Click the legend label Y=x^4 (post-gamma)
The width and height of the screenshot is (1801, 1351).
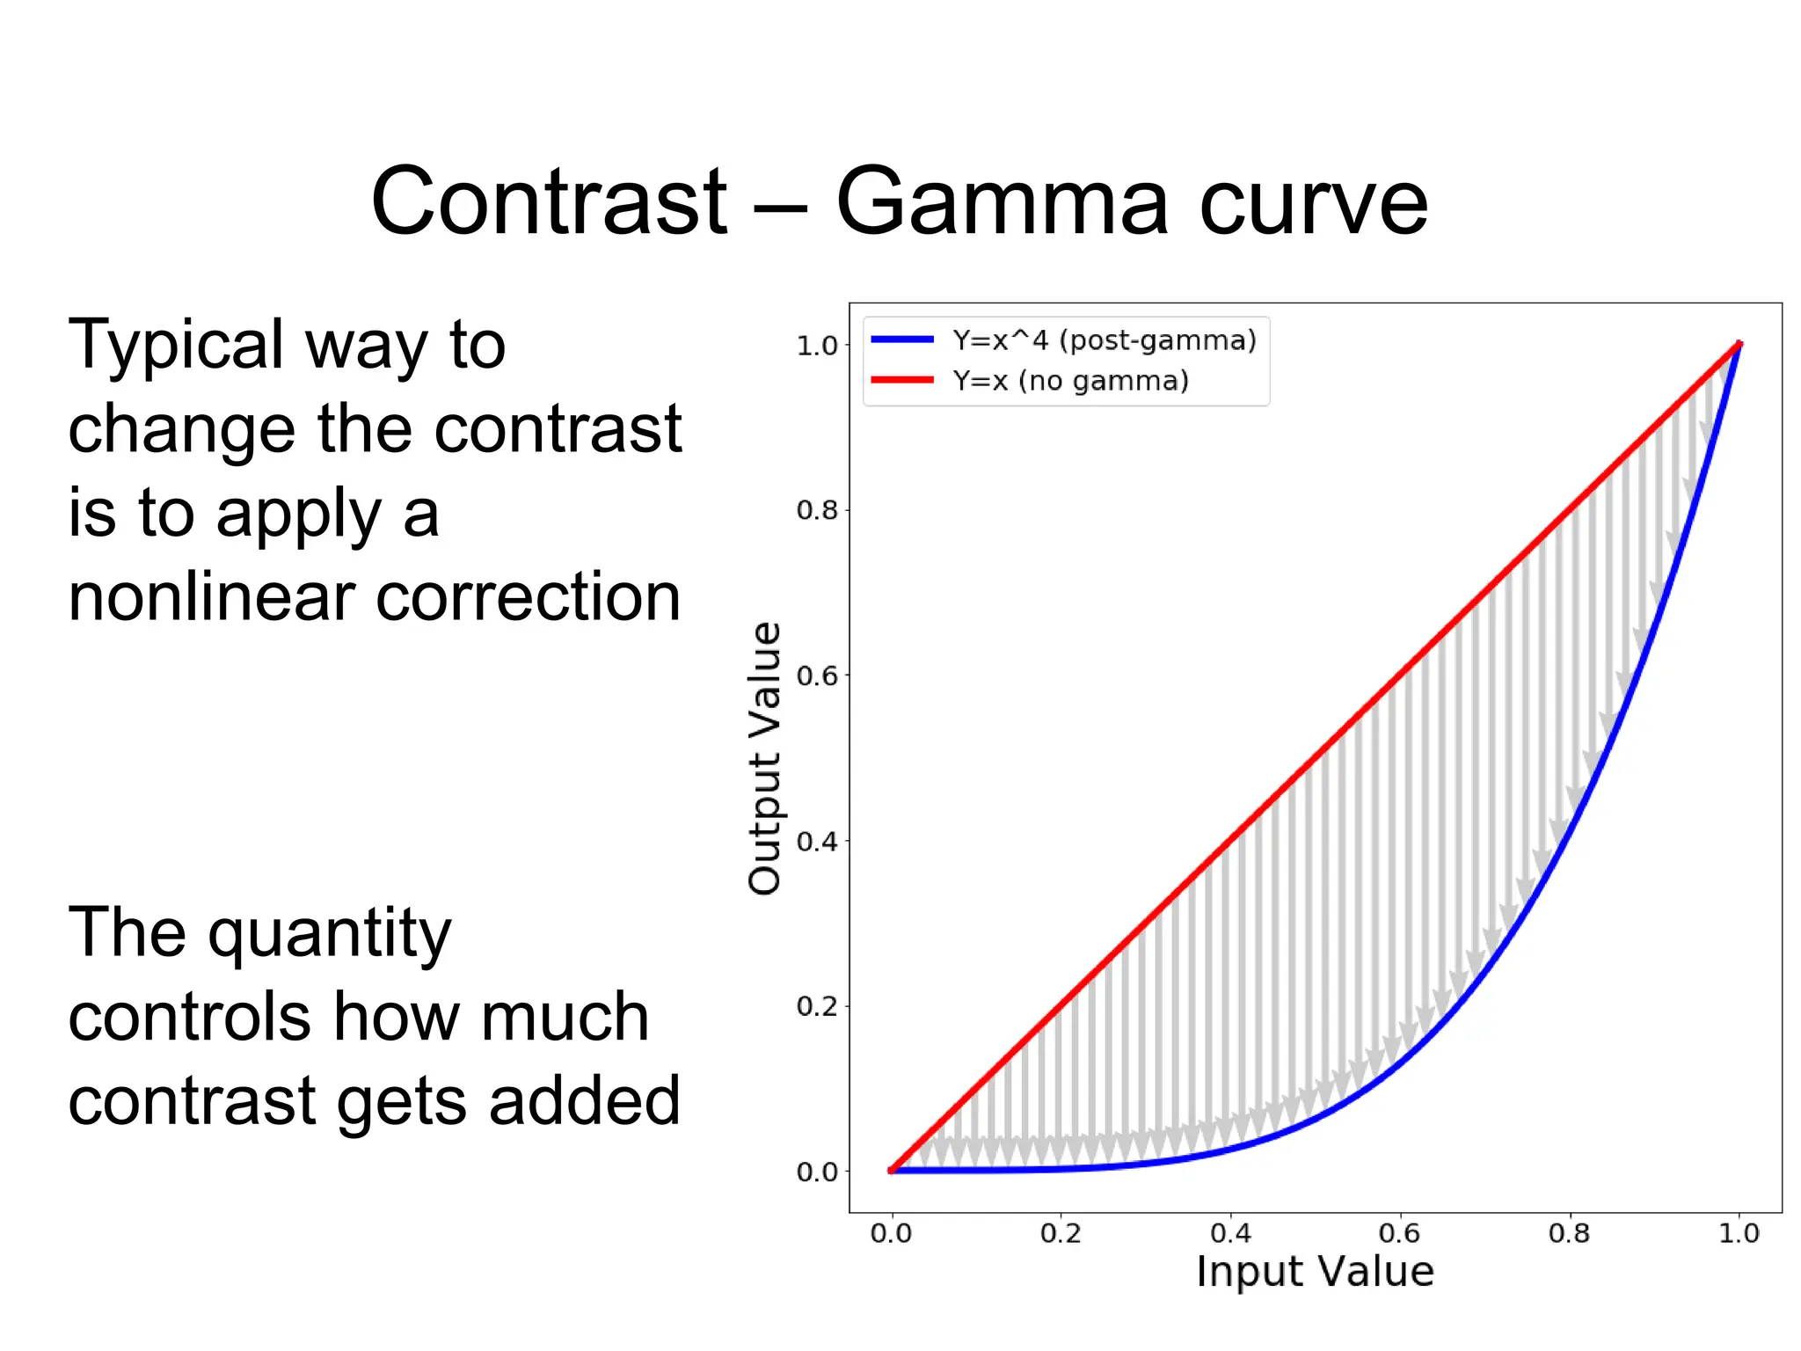click(x=1105, y=340)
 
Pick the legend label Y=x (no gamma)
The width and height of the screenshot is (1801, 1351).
click(x=1070, y=381)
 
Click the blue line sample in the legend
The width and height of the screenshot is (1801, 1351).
click(x=902, y=340)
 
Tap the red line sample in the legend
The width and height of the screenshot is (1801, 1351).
click(x=902, y=380)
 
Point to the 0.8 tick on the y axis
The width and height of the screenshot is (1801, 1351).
click(x=817, y=510)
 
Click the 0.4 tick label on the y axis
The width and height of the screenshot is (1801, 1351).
click(x=817, y=842)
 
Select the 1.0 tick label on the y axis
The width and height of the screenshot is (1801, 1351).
click(x=817, y=346)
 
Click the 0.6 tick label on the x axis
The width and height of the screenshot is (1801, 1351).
click(x=1399, y=1233)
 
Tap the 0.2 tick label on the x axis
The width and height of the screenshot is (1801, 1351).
click(x=1061, y=1233)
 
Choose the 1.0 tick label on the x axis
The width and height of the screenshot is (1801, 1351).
click(x=1739, y=1233)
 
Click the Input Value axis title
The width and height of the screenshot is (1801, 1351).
click(x=1315, y=1272)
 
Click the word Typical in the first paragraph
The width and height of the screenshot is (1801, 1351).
click(x=176, y=345)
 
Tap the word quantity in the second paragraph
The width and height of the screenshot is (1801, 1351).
click(x=329, y=934)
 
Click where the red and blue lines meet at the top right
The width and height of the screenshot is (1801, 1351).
click(x=1739, y=345)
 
